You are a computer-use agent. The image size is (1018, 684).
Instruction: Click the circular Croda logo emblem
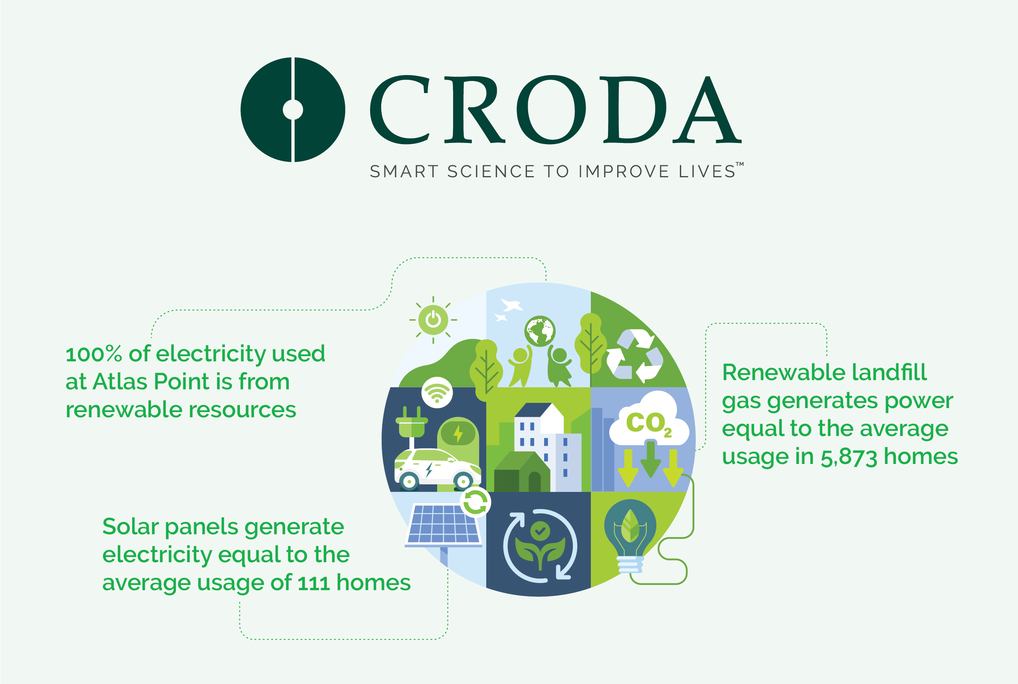click(x=293, y=109)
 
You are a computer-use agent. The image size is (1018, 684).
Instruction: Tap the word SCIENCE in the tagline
click(x=491, y=171)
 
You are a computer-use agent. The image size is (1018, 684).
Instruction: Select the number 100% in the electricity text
click(x=93, y=354)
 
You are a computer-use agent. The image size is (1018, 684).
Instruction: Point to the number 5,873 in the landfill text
click(x=848, y=457)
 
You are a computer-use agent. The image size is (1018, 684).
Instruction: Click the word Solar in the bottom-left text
click(x=131, y=527)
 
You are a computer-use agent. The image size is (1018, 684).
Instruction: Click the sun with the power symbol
click(x=433, y=320)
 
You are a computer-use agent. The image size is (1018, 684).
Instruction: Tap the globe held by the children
click(x=540, y=331)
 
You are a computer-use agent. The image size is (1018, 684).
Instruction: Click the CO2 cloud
click(x=649, y=419)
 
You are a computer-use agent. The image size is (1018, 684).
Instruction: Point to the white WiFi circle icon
click(x=437, y=393)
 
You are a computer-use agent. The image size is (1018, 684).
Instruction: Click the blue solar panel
click(x=444, y=525)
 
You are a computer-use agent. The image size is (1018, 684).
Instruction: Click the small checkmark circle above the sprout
click(x=540, y=531)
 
